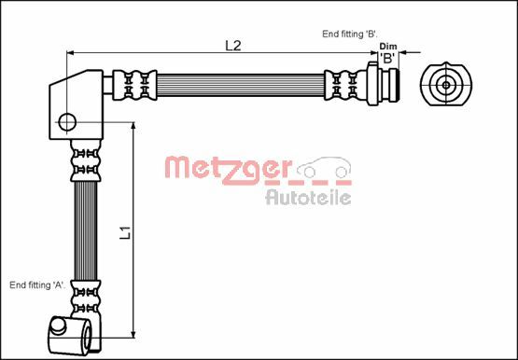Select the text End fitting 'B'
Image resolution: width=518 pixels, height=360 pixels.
pos(348,33)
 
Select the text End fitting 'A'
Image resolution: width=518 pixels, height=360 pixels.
pos(36,284)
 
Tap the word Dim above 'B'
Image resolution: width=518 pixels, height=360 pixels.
pos(388,46)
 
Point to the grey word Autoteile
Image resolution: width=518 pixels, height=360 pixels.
pos(308,197)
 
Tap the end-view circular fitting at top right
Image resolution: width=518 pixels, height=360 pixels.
pos(446,85)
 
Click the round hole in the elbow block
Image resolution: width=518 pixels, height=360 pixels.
pos(67,120)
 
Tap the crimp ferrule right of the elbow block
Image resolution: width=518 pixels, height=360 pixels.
pos(132,84)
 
